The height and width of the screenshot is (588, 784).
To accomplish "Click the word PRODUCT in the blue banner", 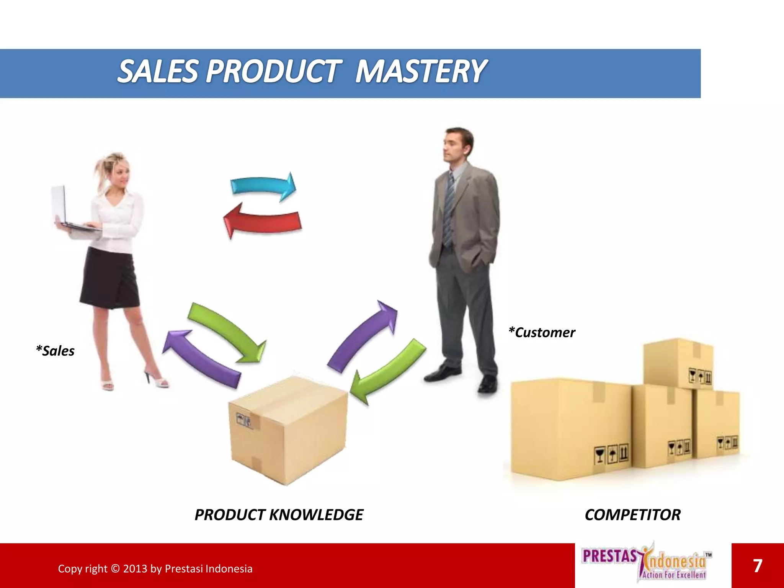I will pyautogui.click(x=273, y=72).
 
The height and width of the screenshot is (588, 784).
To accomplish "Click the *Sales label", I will pyautogui.click(x=55, y=351).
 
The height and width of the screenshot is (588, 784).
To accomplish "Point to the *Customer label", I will pyautogui.click(x=542, y=333).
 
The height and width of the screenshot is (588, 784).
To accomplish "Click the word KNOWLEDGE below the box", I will pyautogui.click(x=316, y=515).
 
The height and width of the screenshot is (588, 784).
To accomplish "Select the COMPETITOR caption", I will pyautogui.click(x=632, y=515).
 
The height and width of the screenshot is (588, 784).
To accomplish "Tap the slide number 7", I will pyautogui.click(x=758, y=566).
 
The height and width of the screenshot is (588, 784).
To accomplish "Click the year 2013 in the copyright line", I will pyautogui.click(x=135, y=569).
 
